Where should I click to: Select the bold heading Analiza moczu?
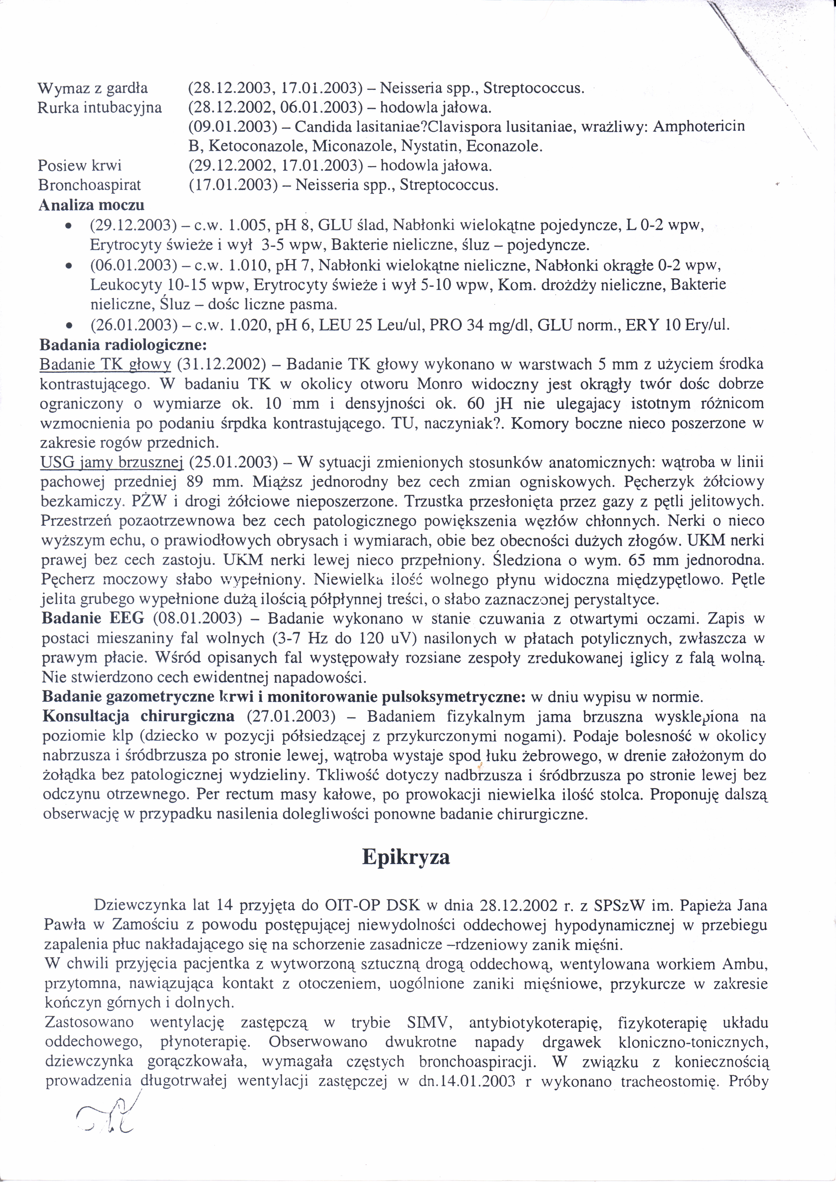point(91,205)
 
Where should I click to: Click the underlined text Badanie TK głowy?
point(105,364)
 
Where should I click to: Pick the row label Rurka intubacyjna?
point(100,108)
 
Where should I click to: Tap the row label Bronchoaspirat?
point(89,184)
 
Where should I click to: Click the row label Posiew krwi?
point(80,165)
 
